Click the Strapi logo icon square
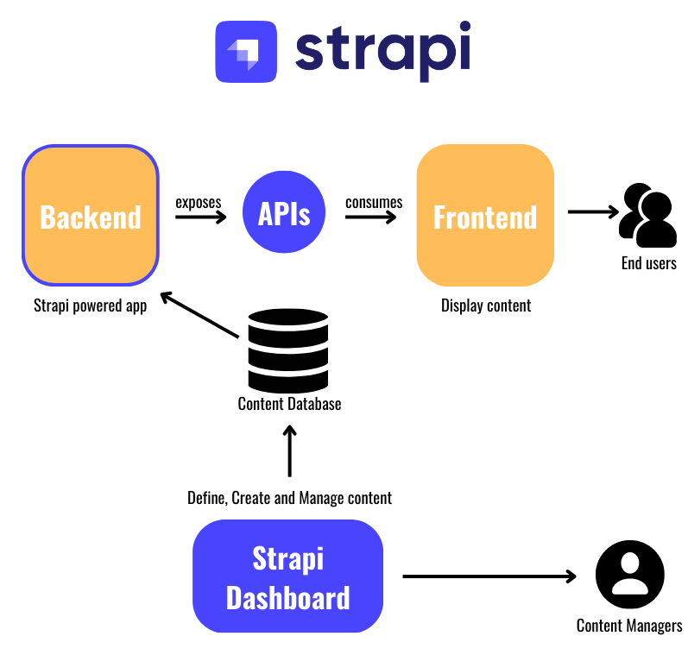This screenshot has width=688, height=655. [x=246, y=52]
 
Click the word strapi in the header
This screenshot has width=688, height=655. [x=382, y=50]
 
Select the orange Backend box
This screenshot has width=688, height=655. [x=91, y=216]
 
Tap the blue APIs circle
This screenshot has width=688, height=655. [x=285, y=213]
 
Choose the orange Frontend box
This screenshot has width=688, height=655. [x=485, y=216]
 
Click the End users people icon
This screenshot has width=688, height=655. [x=647, y=216]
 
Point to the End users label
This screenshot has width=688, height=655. [x=648, y=263]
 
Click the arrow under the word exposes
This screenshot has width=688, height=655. [x=200, y=217]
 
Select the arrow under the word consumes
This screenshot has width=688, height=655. [x=371, y=217]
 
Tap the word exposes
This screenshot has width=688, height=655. [x=199, y=202]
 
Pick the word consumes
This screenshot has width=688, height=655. [x=374, y=202]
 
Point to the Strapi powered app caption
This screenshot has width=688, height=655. [x=90, y=305]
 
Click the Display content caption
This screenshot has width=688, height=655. [x=486, y=305]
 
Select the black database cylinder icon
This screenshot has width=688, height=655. [x=288, y=350]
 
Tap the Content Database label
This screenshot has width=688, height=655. [x=289, y=403]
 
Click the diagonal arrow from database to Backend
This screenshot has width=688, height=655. [x=199, y=315]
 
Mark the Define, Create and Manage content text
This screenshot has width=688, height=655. [x=289, y=498]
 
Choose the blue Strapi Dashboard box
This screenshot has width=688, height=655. [x=287, y=576]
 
